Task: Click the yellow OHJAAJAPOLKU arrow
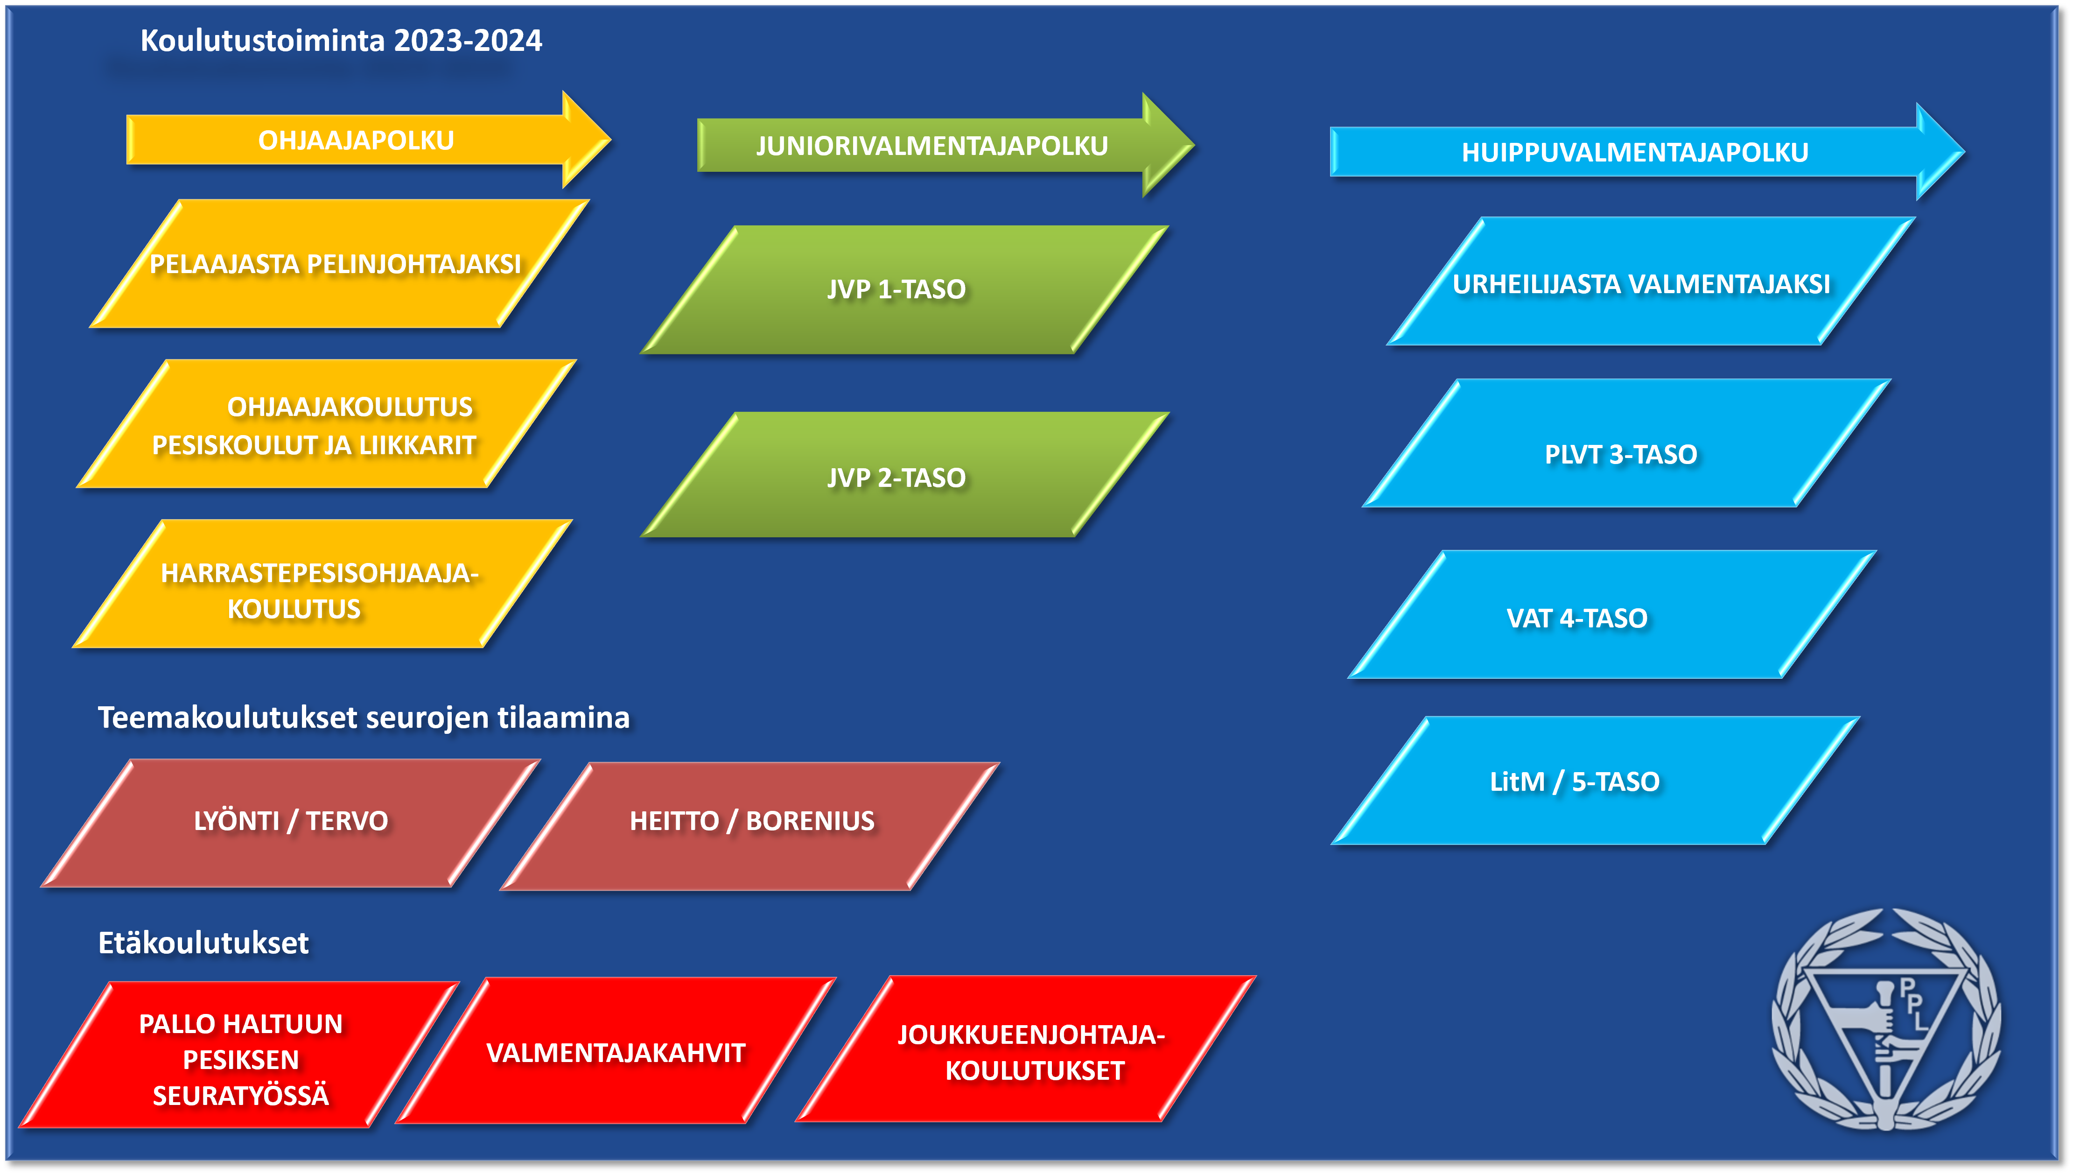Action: coord(356,141)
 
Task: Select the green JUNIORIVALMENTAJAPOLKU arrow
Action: coord(931,146)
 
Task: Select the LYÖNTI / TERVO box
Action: coord(290,822)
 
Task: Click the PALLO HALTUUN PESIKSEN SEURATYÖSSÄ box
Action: coord(240,1057)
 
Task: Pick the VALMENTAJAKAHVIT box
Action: coord(616,1052)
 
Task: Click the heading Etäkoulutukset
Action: coord(203,943)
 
